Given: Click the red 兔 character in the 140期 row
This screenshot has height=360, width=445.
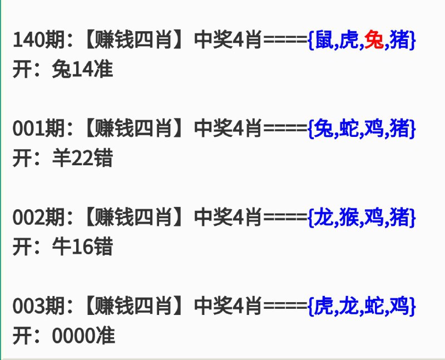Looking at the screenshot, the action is pyautogui.click(x=374, y=40).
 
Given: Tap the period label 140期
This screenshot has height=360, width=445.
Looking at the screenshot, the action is pyautogui.click(x=39, y=40).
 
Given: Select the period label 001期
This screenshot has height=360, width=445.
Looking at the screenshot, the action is pyautogui.click(x=39, y=129).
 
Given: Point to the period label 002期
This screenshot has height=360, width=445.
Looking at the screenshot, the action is pyautogui.click(x=39, y=217).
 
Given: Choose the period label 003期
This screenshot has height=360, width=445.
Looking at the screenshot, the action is pyautogui.click(x=39, y=306).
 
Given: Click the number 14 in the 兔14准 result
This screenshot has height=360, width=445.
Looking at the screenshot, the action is pyautogui.click(x=83, y=70).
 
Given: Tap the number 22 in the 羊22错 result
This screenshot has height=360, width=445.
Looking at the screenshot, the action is pyautogui.click(x=83, y=158).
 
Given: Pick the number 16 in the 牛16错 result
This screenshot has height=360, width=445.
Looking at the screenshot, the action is pyautogui.click(x=83, y=246).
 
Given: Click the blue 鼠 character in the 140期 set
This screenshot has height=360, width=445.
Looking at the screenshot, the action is pyautogui.click(x=324, y=40).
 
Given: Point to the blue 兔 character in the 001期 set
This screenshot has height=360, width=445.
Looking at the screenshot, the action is pyautogui.click(x=324, y=129).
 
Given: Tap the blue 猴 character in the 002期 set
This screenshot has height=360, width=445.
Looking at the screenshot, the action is pyautogui.click(x=349, y=217).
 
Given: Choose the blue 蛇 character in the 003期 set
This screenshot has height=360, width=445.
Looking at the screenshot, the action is pyautogui.click(x=374, y=306).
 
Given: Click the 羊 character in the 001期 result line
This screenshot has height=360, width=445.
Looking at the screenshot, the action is pyautogui.click(x=62, y=158).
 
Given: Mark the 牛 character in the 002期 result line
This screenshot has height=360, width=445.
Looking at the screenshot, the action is pyautogui.click(x=62, y=246).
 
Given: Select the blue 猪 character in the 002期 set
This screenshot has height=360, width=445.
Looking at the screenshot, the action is pyautogui.click(x=399, y=217).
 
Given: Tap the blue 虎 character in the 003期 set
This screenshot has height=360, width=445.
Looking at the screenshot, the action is pyautogui.click(x=324, y=306).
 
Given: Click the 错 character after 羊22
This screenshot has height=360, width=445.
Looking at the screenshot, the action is pyautogui.click(x=103, y=158).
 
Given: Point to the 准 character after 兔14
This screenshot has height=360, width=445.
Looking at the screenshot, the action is pyautogui.click(x=103, y=70).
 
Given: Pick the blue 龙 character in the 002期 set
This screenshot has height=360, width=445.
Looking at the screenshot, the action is pyautogui.click(x=324, y=217).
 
